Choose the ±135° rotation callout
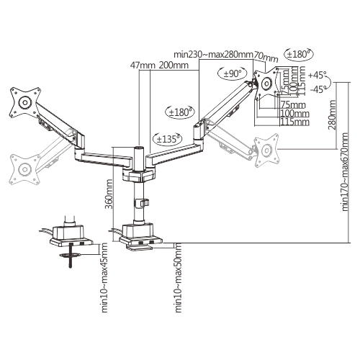point(167,137)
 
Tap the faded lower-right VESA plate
point(267,149)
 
